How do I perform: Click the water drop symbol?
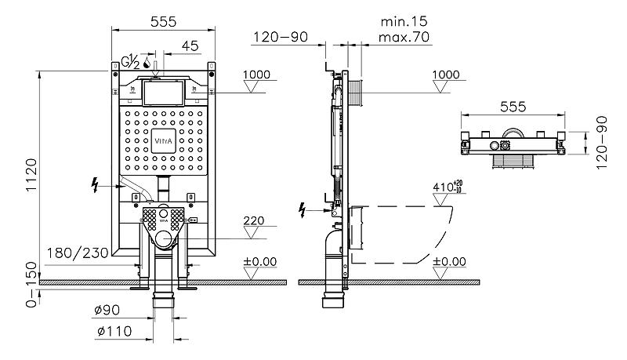146,61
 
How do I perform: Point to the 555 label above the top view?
511,106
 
